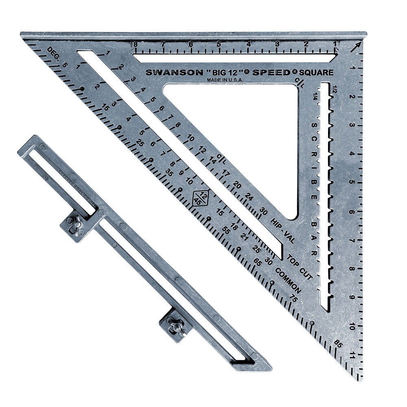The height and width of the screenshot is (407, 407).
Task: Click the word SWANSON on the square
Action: coord(174,72)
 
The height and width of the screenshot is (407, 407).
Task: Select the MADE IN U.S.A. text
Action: coord(225,80)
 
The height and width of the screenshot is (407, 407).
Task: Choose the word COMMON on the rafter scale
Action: coord(288,281)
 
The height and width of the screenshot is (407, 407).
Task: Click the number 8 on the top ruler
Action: coord(135,44)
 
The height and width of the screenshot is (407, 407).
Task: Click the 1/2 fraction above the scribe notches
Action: coord(335,88)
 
